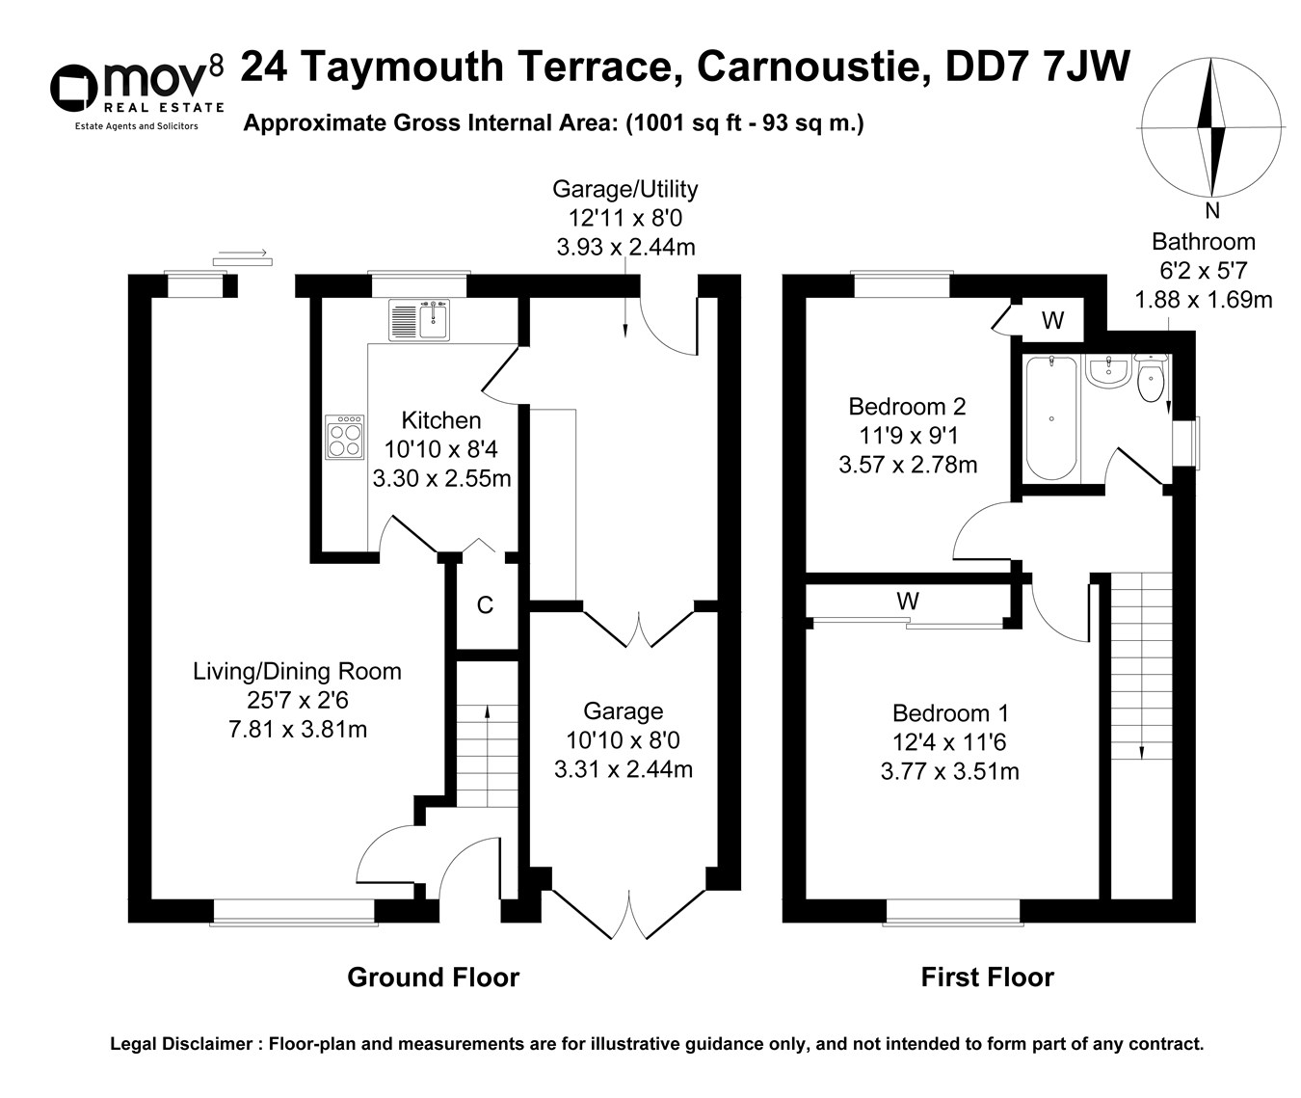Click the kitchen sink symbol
pos(420,320)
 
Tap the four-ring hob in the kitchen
pos(344,437)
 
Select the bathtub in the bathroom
pos(1051,417)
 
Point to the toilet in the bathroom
pos(1151,380)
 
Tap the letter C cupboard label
pos(486,605)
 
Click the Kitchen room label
pos(441,420)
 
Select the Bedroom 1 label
pos(950,713)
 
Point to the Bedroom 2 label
pos(907,407)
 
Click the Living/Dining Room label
pos(297,672)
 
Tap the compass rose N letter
pos(1212,211)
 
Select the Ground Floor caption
pos(433,977)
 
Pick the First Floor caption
pos(987,977)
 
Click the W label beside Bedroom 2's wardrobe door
pos(1053,321)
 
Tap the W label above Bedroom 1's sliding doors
pos(907,602)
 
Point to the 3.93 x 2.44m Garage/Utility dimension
pos(625,247)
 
